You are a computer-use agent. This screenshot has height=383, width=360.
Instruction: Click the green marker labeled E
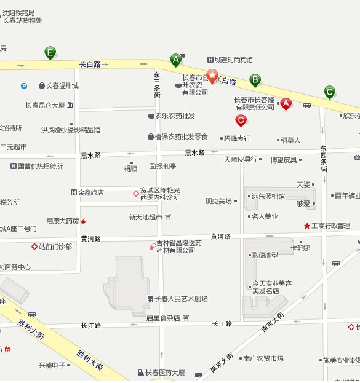(50, 53)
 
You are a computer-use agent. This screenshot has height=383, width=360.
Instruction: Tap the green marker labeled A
(176, 60)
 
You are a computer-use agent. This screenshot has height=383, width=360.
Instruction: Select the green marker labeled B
(255, 79)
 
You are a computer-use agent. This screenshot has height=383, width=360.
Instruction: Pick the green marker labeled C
(330, 92)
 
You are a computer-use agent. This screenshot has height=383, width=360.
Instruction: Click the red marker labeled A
(286, 103)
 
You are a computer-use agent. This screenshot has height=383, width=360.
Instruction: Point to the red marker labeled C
(241, 120)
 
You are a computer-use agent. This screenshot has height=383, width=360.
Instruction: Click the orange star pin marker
(212, 76)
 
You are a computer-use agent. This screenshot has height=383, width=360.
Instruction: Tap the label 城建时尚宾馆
(233, 60)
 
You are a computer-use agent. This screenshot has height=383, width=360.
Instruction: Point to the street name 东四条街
(324, 159)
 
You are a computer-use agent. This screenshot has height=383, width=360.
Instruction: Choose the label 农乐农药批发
(175, 116)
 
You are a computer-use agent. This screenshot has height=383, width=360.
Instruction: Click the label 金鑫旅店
(90, 192)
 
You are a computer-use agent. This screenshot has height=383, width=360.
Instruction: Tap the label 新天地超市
(145, 217)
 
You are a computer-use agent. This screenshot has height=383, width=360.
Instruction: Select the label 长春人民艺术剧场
(181, 299)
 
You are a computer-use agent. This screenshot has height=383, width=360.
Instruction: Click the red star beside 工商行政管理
(307, 226)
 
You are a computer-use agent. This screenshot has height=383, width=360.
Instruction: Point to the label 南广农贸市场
(263, 358)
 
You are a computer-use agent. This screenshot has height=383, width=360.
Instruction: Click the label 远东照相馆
(268, 197)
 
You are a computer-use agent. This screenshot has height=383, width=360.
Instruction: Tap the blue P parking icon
(24, 86)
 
